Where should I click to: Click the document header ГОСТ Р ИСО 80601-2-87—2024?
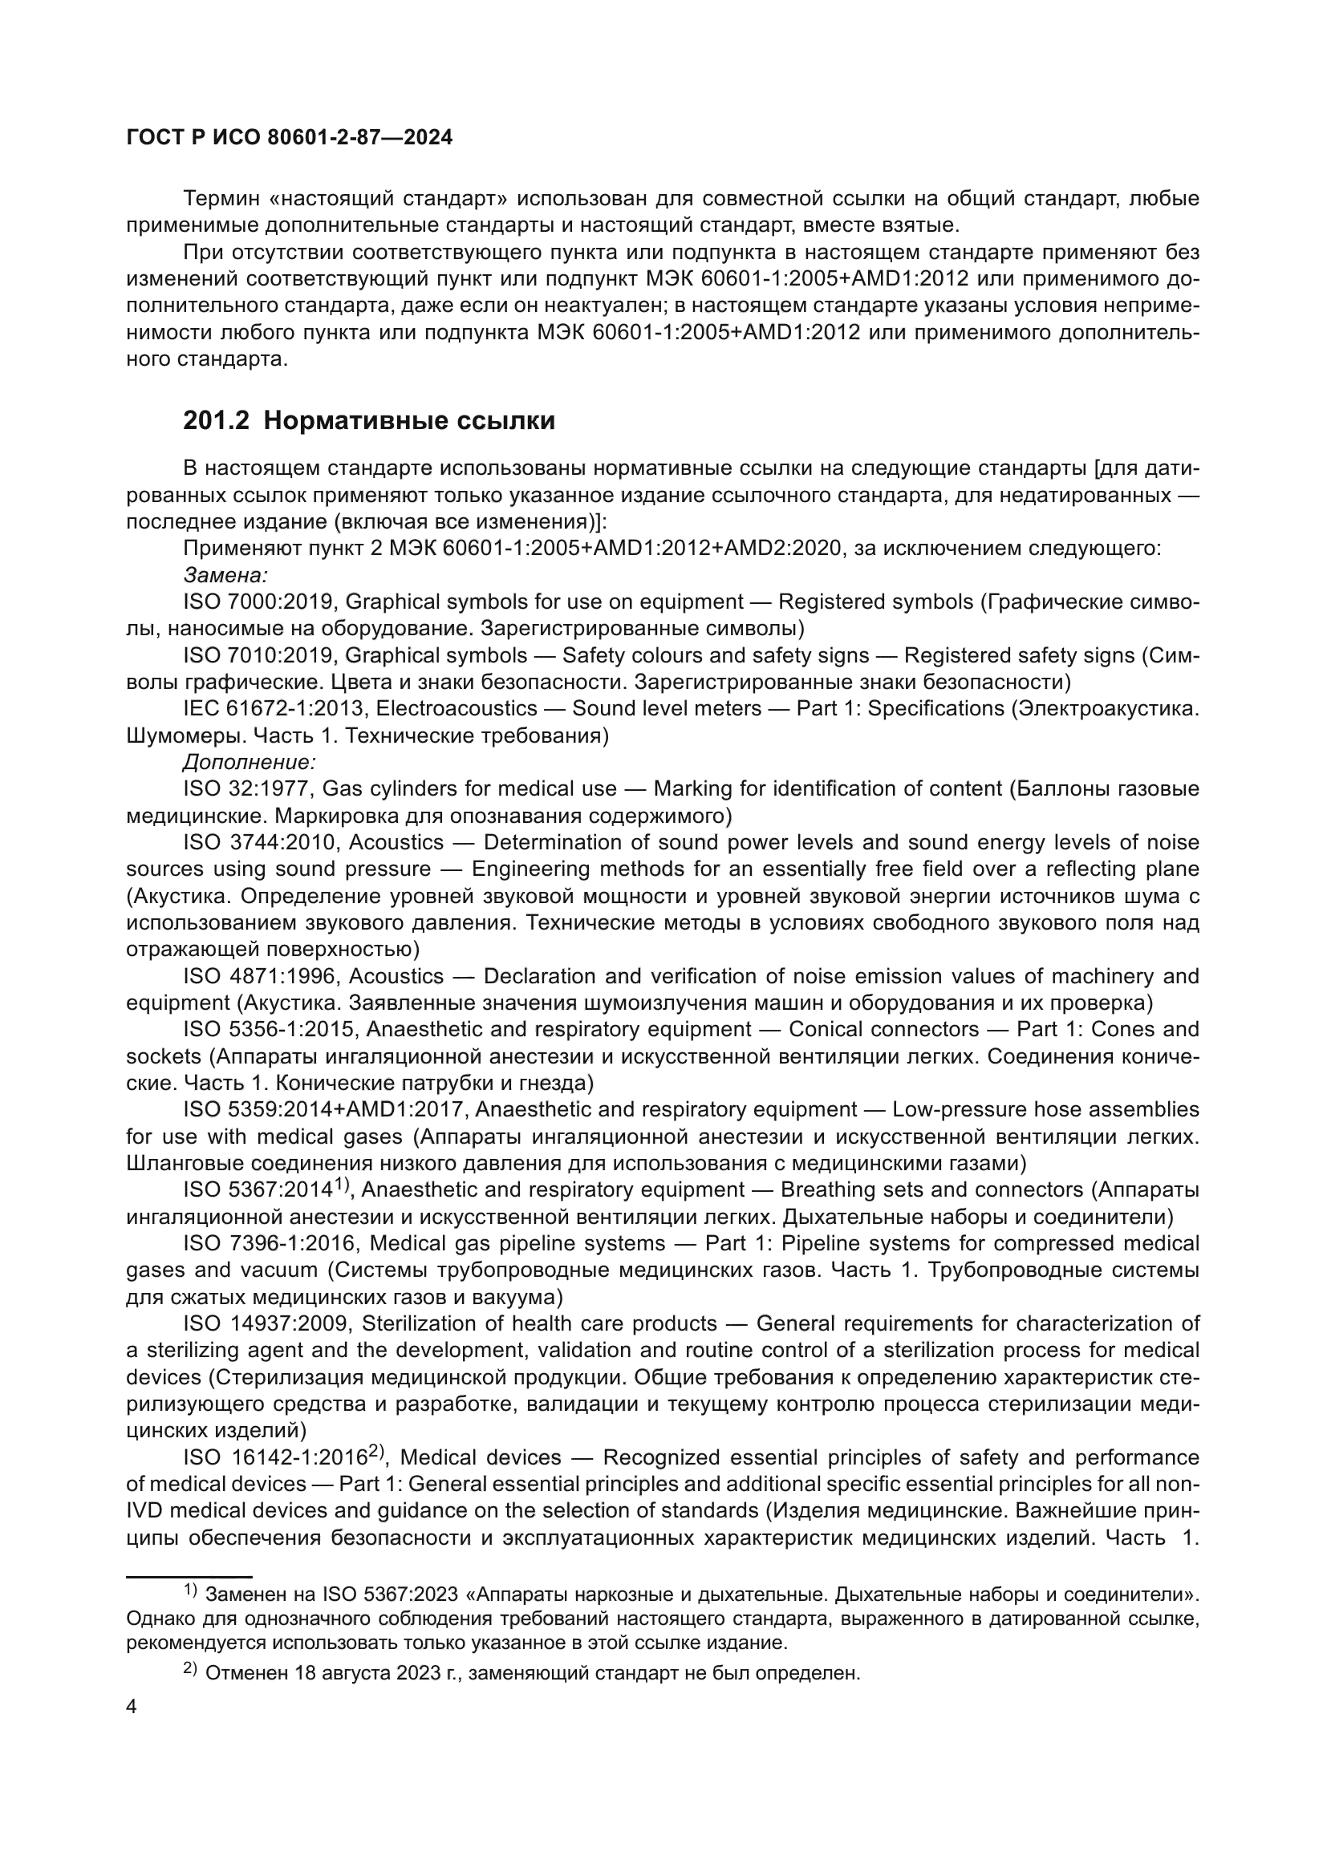290,137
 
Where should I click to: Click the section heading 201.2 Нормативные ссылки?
368,421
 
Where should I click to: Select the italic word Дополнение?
250,761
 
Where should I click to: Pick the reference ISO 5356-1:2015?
270,1029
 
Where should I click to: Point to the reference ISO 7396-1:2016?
270,1242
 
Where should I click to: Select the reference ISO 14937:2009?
266,1323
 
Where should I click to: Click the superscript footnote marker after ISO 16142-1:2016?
375,1450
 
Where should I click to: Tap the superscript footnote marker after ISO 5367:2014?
342,1183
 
